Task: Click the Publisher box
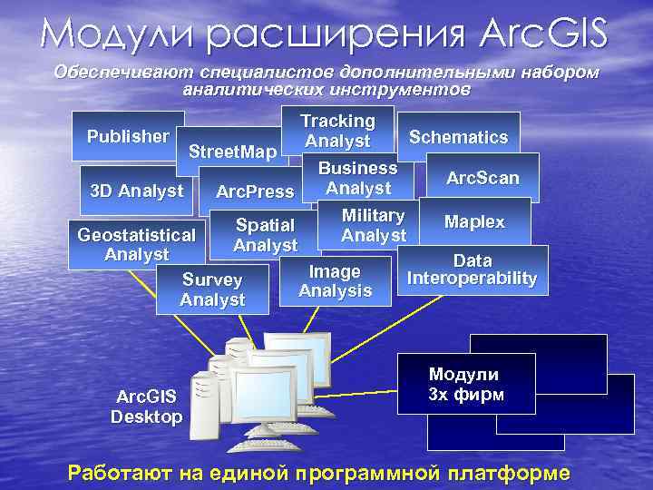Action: pyautogui.click(x=128, y=136)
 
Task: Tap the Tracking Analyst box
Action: pyautogui.click(x=337, y=131)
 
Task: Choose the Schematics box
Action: pyautogui.click(x=458, y=137)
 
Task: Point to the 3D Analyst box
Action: pyautogui.click(x=137, y=191)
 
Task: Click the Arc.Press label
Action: pyautogui.click(x=255, y=191)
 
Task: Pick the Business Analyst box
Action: pyautogui.click(x=357, y=178)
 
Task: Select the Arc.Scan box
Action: pyautogui.click(x=482, y=178)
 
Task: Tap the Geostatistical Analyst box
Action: pyautogui.click(x=136, y=245)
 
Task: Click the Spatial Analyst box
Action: pyautogui.click(x=265, y=234)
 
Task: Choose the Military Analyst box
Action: pyautogui.click(x=373, y=225)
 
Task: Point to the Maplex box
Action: pyautogui.click(x=474, y=221)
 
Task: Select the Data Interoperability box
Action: pyautogui.click(x=472, y=269)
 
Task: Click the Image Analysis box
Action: pyautogui.click(x=335, y=281)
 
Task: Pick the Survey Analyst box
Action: pyautogui.click(x=212, y=289)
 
